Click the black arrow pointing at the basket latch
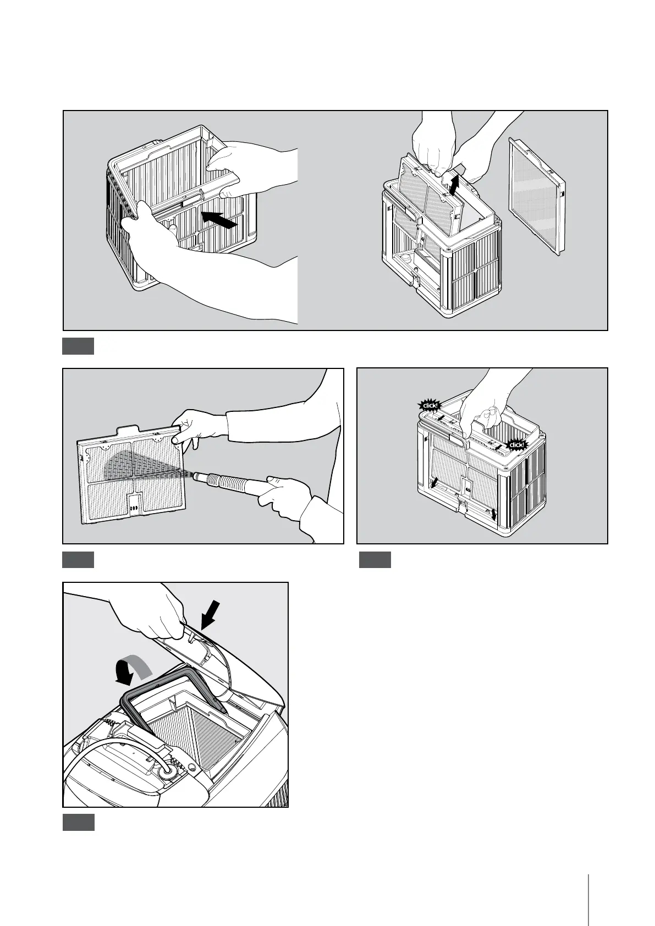(x=221, y=219)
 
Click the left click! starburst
(x=429, y=406)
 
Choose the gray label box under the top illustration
(x=78, y=346)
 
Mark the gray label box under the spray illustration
(x=78, y=560)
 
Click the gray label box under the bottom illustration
(x=78, y=822)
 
